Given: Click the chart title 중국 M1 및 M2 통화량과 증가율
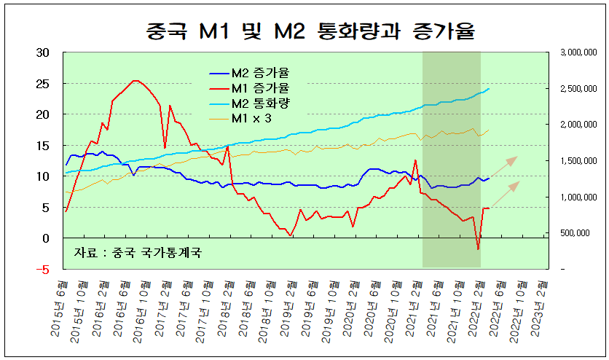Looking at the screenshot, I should point(304,31).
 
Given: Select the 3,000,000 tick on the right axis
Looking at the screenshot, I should point(578,52).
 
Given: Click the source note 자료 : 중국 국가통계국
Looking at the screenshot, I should point(138,253).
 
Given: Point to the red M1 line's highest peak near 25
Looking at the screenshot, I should point(135,81).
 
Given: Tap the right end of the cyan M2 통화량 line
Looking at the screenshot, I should point(488,89).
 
